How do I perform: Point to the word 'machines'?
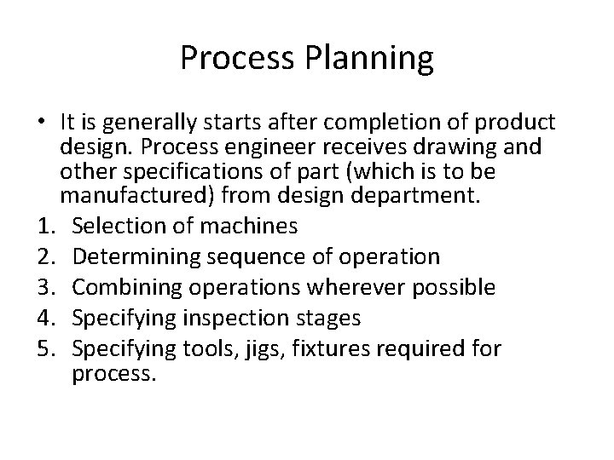coord(256,226)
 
